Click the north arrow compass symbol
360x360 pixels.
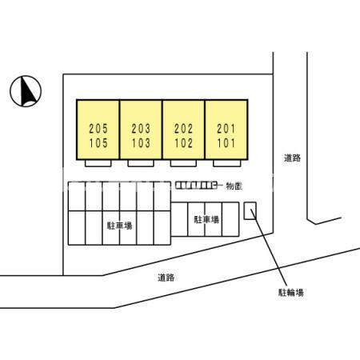tap(26, 91)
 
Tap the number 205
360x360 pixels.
tap(98, 129)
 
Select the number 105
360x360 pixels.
tap(98, 143)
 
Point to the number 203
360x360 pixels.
tap(141, 129)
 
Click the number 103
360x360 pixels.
tap(141, 143)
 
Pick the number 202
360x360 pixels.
tap(183, 129)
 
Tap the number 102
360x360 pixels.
tap(183, 143)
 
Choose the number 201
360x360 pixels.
tap(226, 129)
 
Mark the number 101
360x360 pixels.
tap(226, 143)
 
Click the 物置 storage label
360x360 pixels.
tap(234, 186)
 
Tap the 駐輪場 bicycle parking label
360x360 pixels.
tap(291, 293)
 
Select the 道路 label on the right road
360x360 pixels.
tap(292, 158)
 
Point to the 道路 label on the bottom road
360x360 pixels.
tap(166, 278)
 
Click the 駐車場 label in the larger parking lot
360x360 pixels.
tap(120, 226)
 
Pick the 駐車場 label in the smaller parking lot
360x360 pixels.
tap(206, 219)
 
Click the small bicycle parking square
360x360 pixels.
tap(250, 211)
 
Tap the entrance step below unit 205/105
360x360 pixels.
tap(98, 163)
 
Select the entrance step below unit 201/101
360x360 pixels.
tap(227, 163)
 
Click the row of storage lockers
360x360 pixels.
tap(195, 186)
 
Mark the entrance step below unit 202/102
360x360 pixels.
tap(183, 163)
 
